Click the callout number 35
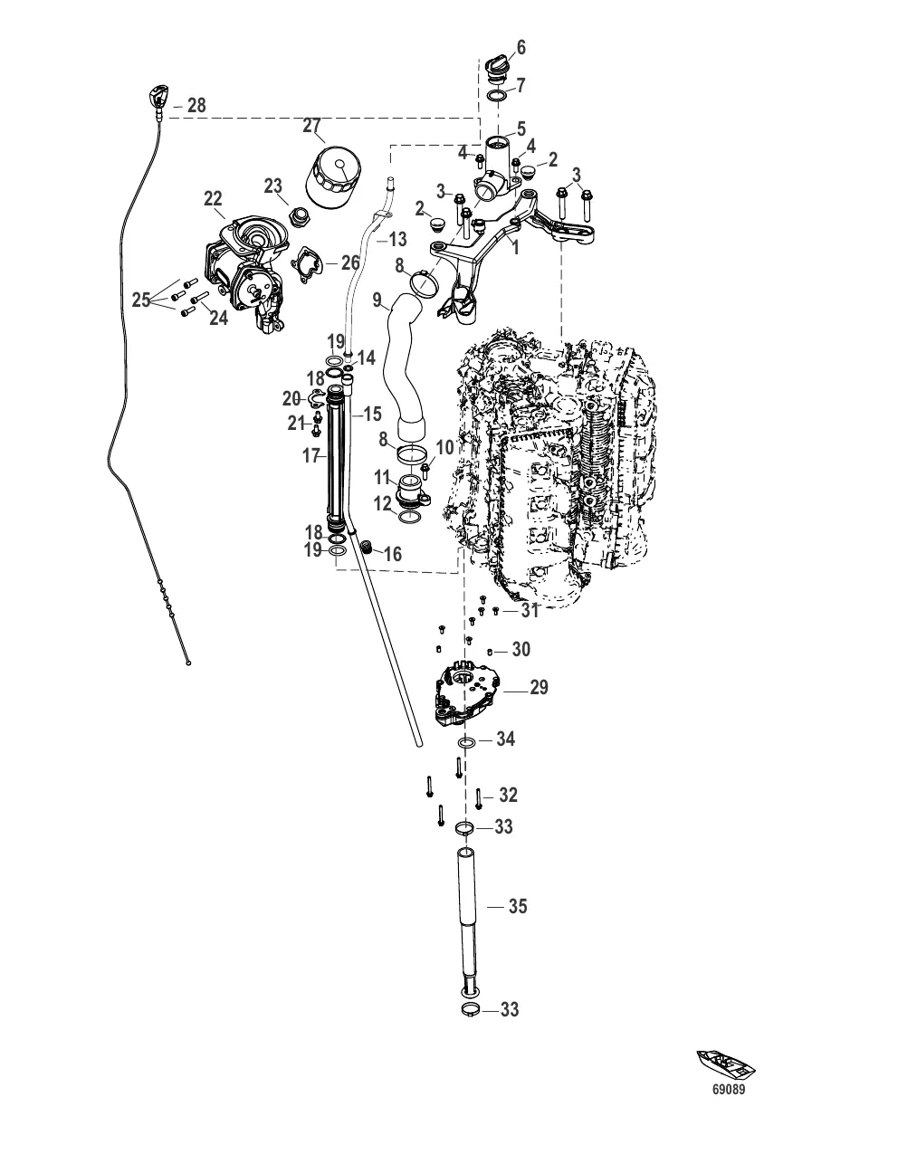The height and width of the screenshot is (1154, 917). pos(517,906)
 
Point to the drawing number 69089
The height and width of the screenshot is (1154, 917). pos(730,1091)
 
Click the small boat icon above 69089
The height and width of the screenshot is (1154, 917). pos(725,1064)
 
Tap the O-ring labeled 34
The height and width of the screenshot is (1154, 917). pos(467,743)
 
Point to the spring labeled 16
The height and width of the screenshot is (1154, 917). pos(368,547)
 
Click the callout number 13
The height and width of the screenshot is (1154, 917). pos(397,240)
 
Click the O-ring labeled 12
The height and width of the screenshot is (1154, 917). pos(408,517)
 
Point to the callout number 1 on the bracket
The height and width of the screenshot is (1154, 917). pos(515,246)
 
